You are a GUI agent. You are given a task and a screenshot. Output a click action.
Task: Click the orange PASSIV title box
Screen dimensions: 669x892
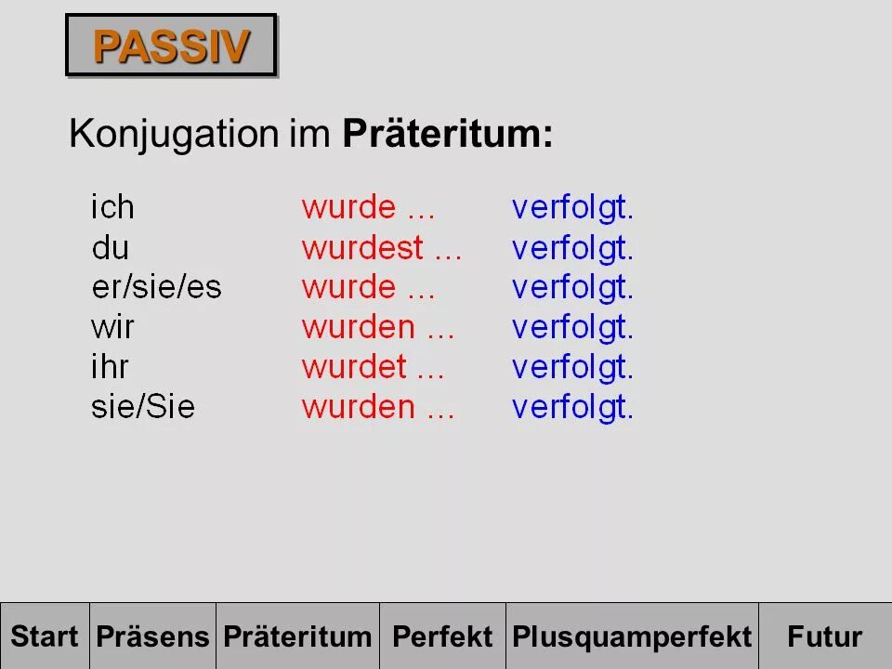click(172, 46)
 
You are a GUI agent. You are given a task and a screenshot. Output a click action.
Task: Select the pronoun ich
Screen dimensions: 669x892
click(112, 207)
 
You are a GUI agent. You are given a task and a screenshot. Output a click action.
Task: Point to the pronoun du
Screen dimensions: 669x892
click(111, 247)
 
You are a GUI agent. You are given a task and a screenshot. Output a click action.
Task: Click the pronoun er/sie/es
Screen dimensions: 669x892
click(156, 287)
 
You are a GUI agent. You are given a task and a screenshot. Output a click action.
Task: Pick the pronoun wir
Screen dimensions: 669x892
click(112, 327)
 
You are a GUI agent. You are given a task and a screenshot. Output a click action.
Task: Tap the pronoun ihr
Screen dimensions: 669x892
click(110, 367)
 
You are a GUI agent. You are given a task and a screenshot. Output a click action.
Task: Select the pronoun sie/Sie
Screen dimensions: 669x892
click(143, 407)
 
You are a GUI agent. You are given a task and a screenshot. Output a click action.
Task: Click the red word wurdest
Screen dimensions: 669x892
click(361, 247)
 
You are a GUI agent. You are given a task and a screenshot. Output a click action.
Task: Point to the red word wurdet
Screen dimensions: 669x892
click(354, 367)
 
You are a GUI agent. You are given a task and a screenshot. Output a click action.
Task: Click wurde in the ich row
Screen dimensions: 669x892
click(348, 207)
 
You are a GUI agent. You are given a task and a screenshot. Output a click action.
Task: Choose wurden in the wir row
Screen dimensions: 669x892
click(358, 327)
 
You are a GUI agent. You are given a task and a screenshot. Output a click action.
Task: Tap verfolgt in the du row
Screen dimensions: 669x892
click(572, 248)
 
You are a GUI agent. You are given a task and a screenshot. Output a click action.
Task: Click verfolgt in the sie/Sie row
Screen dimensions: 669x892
click(572, 408)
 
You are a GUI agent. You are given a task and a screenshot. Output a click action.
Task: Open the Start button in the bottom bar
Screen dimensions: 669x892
click(45, 636)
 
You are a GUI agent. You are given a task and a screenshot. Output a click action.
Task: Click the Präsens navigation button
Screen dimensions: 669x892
click(153, 636)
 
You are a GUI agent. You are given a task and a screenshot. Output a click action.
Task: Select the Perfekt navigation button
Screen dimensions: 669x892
click(442, 636)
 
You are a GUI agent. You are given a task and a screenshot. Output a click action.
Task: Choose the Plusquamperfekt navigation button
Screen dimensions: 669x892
click(632, 636)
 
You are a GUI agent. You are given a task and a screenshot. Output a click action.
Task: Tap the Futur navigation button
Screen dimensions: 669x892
click(824, 636)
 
